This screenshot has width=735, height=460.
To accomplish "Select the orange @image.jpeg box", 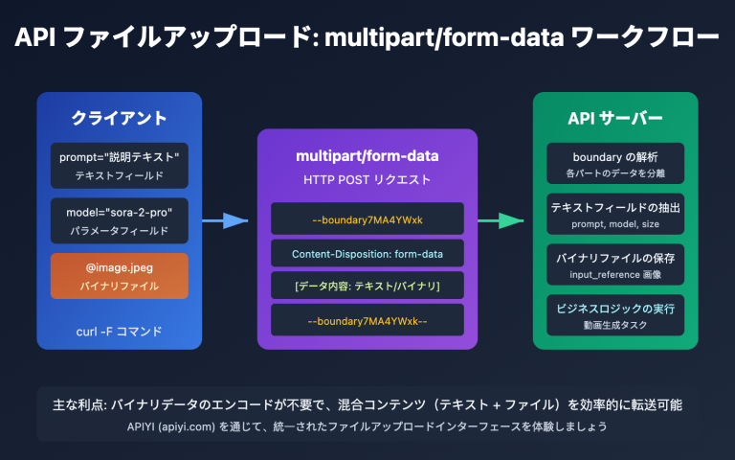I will tap(119, 276).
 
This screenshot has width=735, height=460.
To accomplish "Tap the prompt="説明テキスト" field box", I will tap(119, 165).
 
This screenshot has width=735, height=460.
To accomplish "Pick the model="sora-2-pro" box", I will tap(119, 220).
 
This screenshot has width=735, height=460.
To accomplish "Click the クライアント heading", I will tap(119, 119).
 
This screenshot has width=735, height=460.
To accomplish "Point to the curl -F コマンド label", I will tap(119, 332).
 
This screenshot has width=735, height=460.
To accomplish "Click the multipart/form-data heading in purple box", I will tap(367, 156).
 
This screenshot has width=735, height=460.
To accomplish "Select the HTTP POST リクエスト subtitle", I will tap(367, 179).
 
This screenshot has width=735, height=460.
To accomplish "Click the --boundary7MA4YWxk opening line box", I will tap(367, 219).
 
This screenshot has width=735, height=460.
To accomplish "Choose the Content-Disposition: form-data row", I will tap(367, 253).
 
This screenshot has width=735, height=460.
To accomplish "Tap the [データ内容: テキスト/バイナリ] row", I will tap(367, 286).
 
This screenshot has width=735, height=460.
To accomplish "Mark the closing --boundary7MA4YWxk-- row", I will tap(367, 320).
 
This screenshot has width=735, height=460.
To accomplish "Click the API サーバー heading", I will tap(614, 119).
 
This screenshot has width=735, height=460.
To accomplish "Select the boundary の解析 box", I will tap(614, 164).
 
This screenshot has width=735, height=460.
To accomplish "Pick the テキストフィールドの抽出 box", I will tap(614, 213).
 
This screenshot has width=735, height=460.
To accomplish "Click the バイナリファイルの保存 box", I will tap(614, 265).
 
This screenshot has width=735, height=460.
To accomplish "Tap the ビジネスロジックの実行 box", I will tap(614, 314).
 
